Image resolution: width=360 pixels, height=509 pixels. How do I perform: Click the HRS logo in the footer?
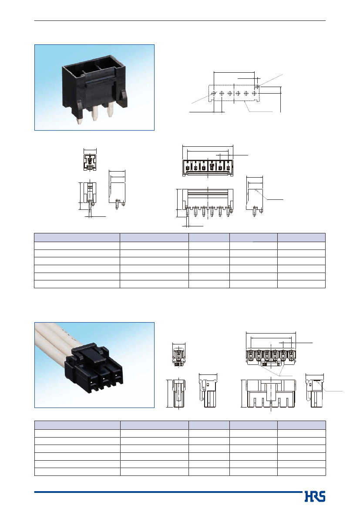coord(315,496)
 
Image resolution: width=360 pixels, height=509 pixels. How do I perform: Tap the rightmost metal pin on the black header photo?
coord(110,111)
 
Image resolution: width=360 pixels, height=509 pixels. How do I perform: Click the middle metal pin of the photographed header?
coord(95,113)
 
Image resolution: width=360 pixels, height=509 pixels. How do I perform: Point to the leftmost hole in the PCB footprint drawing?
coord(214,93)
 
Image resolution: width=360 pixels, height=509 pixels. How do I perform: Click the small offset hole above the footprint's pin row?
coord(257,86)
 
